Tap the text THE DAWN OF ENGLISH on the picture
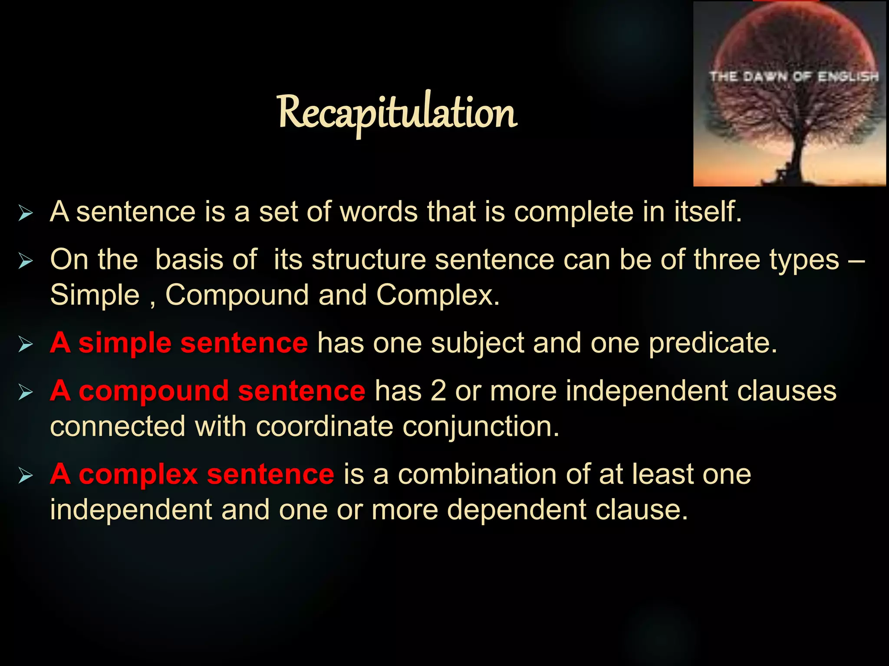pos(794,77)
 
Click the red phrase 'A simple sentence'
pos(179,343)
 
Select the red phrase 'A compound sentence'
pos(207,391)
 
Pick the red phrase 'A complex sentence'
pos(192,474)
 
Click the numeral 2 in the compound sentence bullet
pos(438,391)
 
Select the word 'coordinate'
pos(324,426)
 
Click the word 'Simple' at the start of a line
pos(95,295)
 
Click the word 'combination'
pos(477,474)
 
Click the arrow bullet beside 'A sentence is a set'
pos(26,213)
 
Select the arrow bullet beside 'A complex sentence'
pos(26,476)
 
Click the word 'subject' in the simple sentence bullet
pos(477,344)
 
